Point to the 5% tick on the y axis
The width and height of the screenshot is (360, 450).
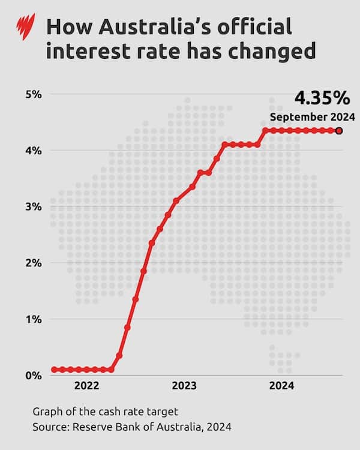pyautogui.click(x=33, y=94)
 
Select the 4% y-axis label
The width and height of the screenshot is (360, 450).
pyautogui.click(x=33, y=151)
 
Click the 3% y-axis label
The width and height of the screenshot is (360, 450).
pyautogui.click(x=33, y=206)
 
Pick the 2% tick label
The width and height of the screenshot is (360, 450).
pyautogui.click(x=33, y=263)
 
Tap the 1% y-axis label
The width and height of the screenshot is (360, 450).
pyautogui.click(x=33, y=319)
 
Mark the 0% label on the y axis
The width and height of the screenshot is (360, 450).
pyautogui.click(x=33, y=376)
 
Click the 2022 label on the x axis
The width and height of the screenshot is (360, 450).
pyautogui.click(x=86, y=387)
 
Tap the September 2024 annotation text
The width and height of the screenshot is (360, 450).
pyautogui.click(x=312, y=117)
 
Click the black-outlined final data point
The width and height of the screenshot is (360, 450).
pyautogui.click(x=339, y=130)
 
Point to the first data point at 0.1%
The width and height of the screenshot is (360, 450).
pyautogui.click(x=54, y=370)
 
